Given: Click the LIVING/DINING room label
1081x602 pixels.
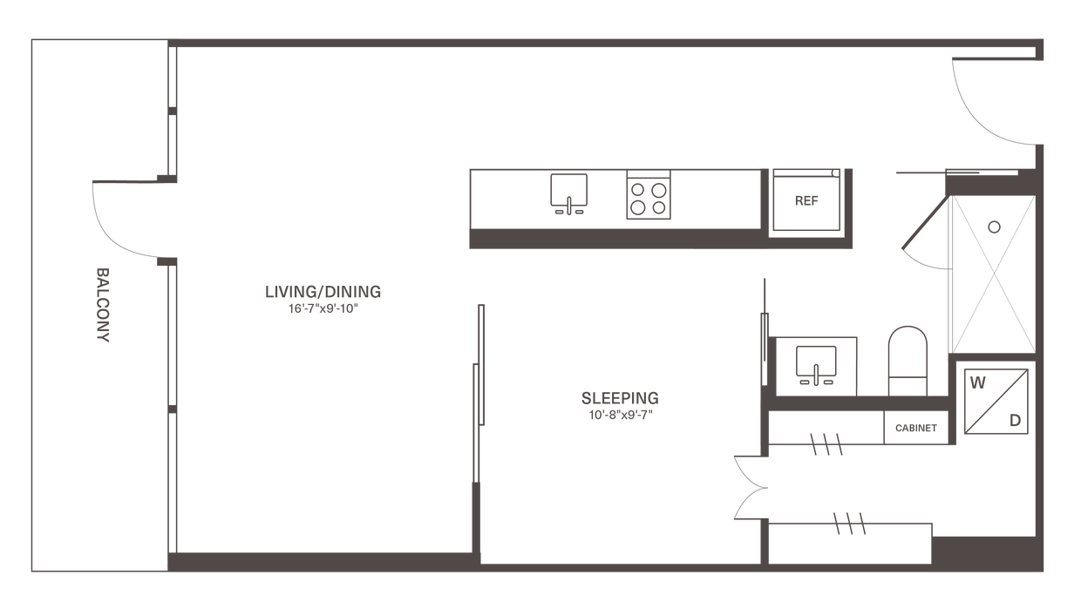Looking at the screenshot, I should click(x=323, y=291).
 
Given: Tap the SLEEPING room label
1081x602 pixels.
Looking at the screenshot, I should click(x=620, y=398).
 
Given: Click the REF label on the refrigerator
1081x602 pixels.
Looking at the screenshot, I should click(x=806, y=200).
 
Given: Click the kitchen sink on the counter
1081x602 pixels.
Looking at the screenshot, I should click(x=568, y=195).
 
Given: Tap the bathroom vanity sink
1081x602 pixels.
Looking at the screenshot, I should click(x=815, y=364).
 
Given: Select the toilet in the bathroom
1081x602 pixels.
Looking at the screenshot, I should click(x=908, y=357).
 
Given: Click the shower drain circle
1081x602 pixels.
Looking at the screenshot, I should click(x=993, y=225).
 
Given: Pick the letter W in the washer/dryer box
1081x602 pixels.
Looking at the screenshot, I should click(x=976, y=382).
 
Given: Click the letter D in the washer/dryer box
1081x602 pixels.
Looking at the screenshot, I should click(x=1015, y=420).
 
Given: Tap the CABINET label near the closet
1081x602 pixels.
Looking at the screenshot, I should click(x=915, y=428).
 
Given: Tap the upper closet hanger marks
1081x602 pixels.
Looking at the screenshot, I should click(x=825, y=444).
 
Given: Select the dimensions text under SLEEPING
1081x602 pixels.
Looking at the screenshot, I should click(x=620, y=415).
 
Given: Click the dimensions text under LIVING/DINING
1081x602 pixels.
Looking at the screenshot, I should click(x=323, y=308).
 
